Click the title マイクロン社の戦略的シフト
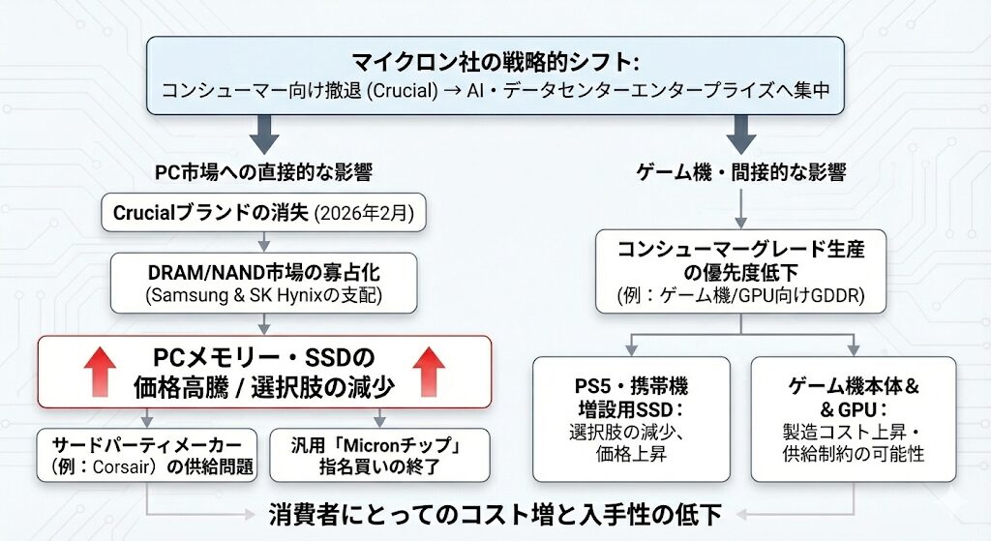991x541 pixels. (495, 64)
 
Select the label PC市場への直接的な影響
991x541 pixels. (264, 173)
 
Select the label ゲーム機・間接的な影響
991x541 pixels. (742, 173)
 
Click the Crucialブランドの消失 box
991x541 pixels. (263, 213)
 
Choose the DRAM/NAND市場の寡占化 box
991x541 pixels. (263, 282)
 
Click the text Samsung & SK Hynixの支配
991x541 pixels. (263, 295)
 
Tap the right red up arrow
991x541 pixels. (427, 371)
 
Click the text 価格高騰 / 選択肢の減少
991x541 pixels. (263, 388)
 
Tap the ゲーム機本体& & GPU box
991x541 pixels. (853, 418)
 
